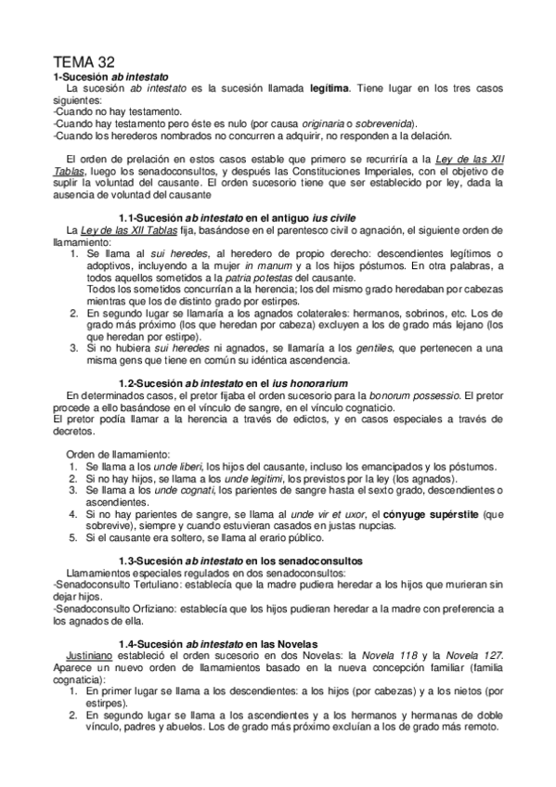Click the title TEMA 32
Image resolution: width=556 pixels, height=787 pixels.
tap(84, 60)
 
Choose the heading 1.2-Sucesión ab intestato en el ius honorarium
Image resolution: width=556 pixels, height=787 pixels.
tap(234, 382)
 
